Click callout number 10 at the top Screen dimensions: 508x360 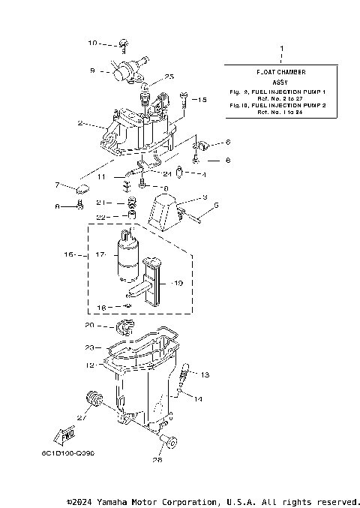tap(93, 43)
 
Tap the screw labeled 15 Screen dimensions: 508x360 tap(183, 96)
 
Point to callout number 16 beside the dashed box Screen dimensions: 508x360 tap(69, 255)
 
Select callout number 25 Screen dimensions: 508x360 tap(169, 77)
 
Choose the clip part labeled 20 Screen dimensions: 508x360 tap(123, 326)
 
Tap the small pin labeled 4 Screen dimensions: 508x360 tap(180, 175)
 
